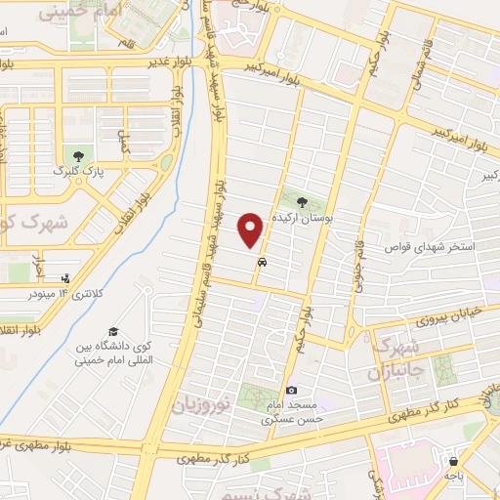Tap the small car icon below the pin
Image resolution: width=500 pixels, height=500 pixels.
pyautogui.click(x=262, y=263)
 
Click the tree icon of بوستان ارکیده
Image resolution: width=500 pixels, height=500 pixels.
pyautogui.click(x=303, y=202)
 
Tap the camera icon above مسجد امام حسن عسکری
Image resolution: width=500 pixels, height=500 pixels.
pyautogui.click(x=290, y=391)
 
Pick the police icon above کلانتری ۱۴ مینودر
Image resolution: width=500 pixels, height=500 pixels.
pyautogui.click(x=64, y=276)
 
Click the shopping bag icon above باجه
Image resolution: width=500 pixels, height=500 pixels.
pyautogui.click(x=452, y=461)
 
